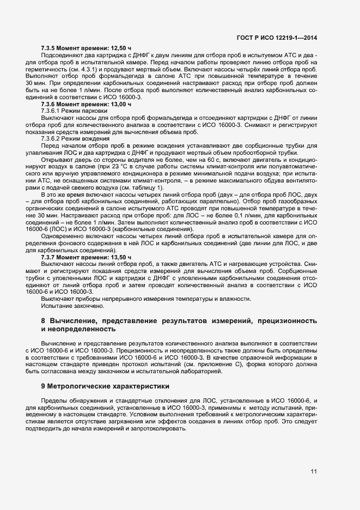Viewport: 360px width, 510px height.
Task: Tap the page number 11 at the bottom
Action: pyautogui.click(x=314, y=472)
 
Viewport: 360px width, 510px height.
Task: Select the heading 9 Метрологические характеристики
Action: pyautogui.click(x=105, y=386)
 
